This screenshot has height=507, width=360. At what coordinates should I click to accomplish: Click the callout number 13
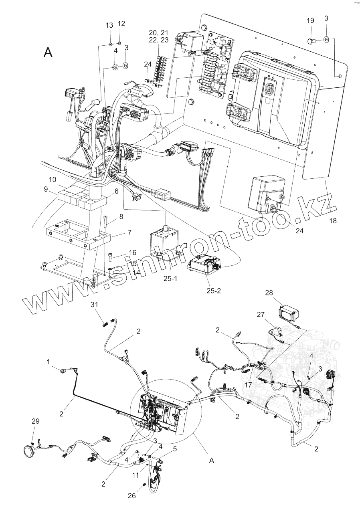109,26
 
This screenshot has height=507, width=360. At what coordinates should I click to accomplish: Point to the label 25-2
213,291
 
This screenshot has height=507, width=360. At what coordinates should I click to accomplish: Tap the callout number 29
35,421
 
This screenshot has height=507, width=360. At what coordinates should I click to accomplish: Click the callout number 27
261,315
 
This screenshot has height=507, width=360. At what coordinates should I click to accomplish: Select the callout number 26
132,495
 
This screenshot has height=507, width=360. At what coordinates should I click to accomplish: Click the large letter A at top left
48,52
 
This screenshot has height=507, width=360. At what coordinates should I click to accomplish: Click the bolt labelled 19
311,40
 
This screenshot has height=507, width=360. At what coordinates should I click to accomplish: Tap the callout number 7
118,232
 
